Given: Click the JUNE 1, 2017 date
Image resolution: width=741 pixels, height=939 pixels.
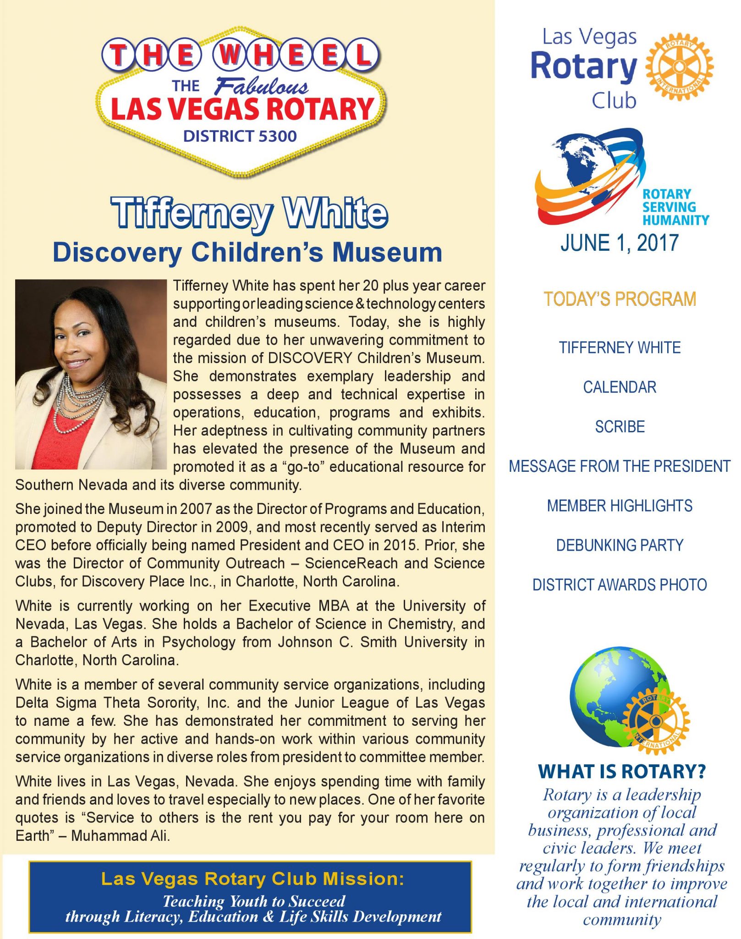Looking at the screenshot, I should (x=619, y=243).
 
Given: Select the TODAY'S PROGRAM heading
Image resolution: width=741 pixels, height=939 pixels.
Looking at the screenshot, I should (x=620, y=299).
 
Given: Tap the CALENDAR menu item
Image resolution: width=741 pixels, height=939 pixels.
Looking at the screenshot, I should (x=620, y=387).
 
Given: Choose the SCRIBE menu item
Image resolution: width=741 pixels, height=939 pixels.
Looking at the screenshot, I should (x=620, y=427).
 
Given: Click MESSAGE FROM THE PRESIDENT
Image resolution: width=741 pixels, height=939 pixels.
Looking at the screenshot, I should (x=620, y=466).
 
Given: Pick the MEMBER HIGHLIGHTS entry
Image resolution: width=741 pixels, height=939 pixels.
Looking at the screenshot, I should (x=620, y=506).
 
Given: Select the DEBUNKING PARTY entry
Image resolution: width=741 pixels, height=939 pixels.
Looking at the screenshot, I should (x=620, y=545).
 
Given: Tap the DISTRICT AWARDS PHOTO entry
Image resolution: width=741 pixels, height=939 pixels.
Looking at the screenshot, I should (x=620, y=585).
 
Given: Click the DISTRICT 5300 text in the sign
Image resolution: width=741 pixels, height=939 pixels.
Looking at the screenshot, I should (x=240, y=136).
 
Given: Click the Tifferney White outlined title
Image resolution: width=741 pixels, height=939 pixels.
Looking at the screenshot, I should (x=250, y=213).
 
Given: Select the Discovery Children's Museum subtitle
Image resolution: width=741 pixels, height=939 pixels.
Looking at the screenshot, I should (x=247, y=252).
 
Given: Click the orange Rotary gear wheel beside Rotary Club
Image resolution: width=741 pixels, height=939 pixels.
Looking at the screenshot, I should (x=679, y=67).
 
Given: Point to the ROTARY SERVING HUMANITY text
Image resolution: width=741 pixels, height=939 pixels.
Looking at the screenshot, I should (x=675, y=207).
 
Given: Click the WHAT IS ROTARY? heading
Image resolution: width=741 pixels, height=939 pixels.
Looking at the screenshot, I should (x=622, y=771).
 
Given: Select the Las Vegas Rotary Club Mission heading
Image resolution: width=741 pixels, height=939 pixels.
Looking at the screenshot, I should (x=252, y=878).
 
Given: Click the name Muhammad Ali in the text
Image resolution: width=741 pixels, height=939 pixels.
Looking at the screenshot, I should (x=121, y=836).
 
